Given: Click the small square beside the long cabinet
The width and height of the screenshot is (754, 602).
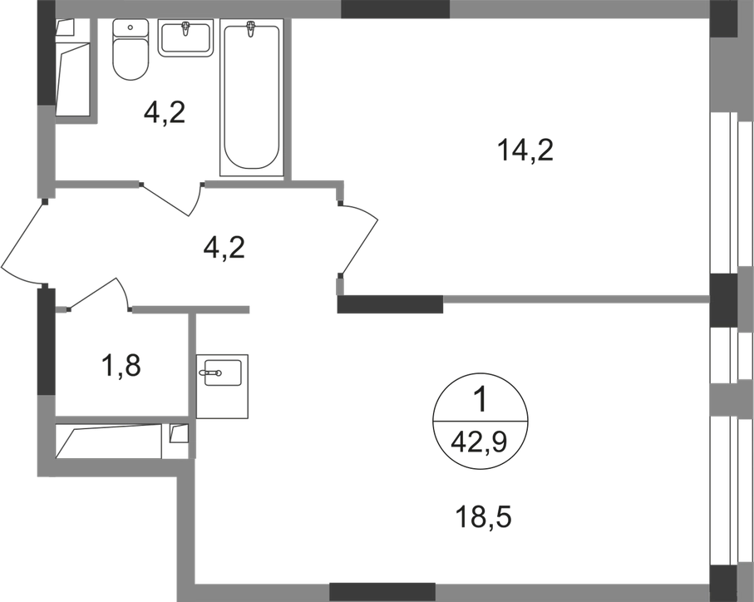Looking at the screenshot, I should (177, 434).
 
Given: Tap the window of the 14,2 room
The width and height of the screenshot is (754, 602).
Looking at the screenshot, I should (730, 193).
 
